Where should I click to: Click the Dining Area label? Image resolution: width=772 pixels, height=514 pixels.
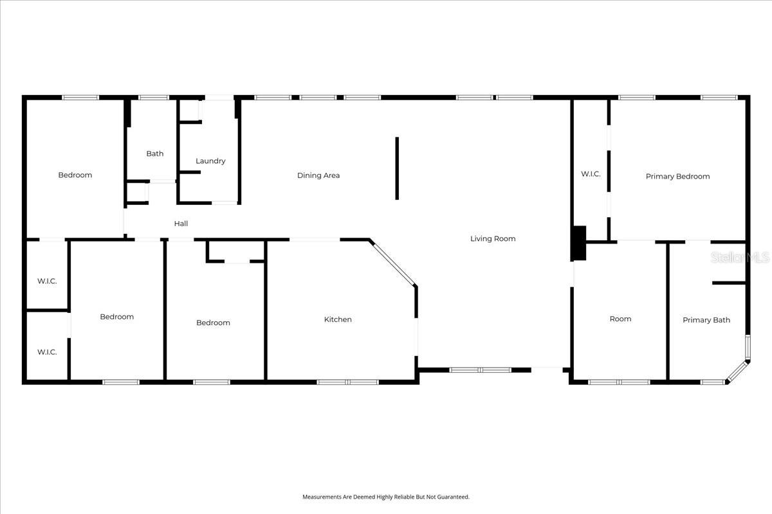click(x=318, y=175)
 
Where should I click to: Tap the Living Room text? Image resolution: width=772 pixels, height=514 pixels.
click(x=493, y=238)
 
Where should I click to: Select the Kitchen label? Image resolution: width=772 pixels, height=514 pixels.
click(x=338, y=319)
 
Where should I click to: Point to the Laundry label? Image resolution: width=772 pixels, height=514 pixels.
click(x=210, y=161)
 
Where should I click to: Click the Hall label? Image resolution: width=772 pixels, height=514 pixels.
click(x=181, y=224)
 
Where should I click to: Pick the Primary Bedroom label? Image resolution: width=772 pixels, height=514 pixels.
click(x=677, y=176)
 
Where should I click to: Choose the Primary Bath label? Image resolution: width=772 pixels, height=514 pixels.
click(x=706, y=320)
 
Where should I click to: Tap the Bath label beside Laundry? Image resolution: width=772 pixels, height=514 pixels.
click(x=155, y=154)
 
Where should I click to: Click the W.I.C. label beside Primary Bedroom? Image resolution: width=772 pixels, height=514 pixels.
click(x=591, y=173)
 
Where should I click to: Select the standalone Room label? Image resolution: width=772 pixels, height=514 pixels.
click(x=620, y=319)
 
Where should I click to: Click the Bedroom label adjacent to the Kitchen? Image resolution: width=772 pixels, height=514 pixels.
click(x=213, y=323)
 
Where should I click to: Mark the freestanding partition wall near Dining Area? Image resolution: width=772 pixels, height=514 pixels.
click(x=397, y=168)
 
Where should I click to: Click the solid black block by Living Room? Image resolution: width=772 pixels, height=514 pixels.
click(x=579, y=243)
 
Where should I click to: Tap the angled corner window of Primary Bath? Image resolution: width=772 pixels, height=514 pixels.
click(x=737, y=372)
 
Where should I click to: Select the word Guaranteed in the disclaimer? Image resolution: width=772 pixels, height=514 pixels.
click(x=454, y=497)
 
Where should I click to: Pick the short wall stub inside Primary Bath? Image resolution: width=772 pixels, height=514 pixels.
click(x=728, y=282)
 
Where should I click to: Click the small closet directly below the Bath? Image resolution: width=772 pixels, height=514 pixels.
click(x=137, y=193)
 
